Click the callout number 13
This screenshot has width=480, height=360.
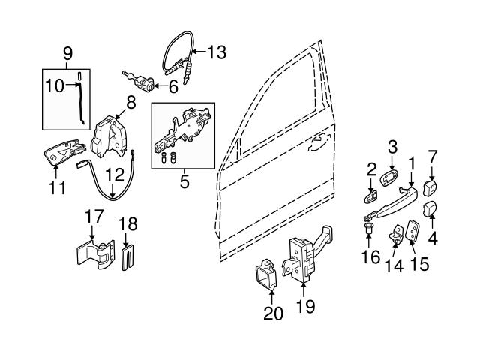pos(216,52)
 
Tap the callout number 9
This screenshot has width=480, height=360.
pos(68,54)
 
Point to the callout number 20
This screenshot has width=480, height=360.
pos(274,313)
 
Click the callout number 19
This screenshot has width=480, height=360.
pos(305,306)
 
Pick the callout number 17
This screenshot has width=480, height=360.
pos(94,217)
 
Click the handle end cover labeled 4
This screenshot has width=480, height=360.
pos(431,208)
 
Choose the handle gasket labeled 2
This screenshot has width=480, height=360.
pos(371,197)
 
